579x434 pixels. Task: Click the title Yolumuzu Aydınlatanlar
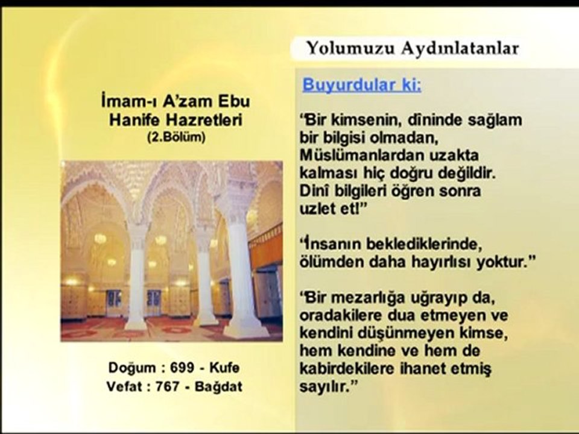[413, 49]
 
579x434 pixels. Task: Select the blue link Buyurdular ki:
[362, 84]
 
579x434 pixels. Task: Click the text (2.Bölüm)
[176, 136]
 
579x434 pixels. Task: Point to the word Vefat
[124, 386]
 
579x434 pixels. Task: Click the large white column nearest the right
[241, 271]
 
